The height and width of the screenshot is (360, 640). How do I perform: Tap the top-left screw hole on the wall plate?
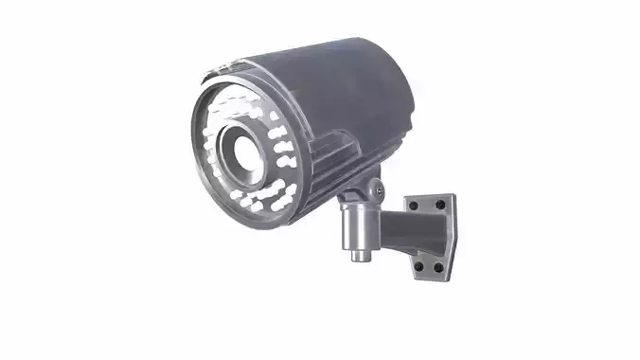click(413, 205)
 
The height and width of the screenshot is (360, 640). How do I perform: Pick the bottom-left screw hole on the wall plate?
click(418, 268)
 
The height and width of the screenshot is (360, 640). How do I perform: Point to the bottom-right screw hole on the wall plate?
click(441, 268)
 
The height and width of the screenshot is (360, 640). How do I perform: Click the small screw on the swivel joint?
click(379, 189)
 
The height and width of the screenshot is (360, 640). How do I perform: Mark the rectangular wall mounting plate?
click(432, 237)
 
